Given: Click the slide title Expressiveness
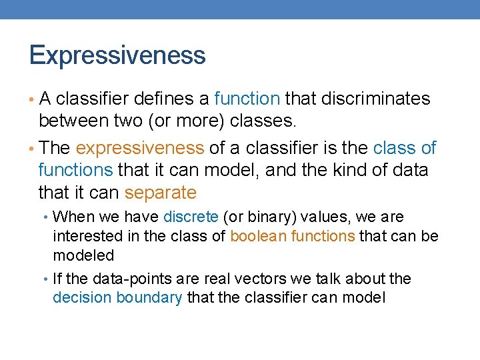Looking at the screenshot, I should [x=117, y=55].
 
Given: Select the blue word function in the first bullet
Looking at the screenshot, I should [x=247, y=99].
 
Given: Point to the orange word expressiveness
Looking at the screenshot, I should [x=140, y=148].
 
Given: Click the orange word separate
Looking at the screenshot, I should [x=161, y=193].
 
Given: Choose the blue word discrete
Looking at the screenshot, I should [x=191, y=217].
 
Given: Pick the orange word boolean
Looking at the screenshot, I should [x=253, y=236].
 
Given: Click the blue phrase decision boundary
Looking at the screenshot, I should [x=117, y=297].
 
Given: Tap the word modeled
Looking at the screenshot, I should [x=83, y=255].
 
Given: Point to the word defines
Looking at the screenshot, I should [x=164, y=99].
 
